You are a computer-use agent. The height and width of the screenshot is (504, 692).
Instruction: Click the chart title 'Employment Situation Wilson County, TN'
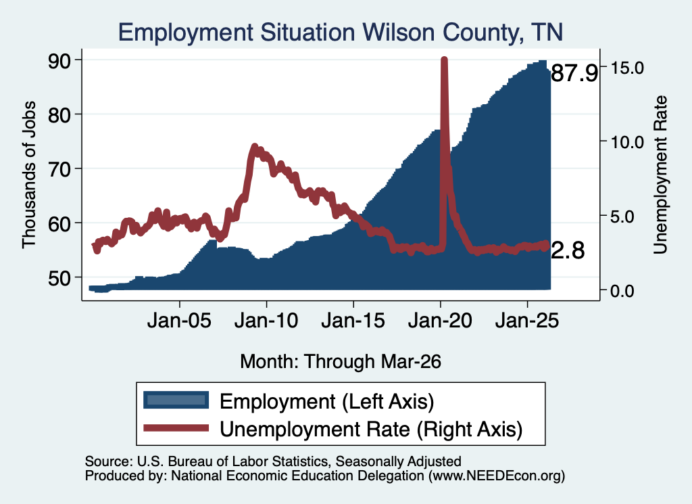[x=341, y=32]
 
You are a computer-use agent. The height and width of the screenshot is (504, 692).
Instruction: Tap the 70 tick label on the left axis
[x=59, y=168]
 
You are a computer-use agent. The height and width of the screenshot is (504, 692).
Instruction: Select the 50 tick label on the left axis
[x=59, y=277]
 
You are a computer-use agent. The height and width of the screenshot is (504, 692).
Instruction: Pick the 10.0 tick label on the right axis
[x=627, y=142]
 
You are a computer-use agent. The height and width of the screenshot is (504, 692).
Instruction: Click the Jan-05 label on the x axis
[x=179, y=320]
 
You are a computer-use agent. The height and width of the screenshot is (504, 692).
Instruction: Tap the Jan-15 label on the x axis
[x=353, y=320]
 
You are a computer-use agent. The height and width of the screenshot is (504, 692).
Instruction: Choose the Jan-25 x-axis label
[x=527, y=320]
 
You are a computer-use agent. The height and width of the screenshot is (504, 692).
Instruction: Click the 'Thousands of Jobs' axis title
[x=28, y=175]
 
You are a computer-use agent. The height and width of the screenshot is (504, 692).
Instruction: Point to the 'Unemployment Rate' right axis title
[x=660, y=175]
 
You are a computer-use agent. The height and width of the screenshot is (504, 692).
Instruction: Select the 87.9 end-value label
[x=574, y=73]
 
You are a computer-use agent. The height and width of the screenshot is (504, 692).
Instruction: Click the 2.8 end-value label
[x=568, y=250]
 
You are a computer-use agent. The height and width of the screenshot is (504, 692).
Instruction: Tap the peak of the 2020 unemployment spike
[x=445, y=60]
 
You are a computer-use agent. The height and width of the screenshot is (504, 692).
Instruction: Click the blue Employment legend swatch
[x=176, y=400]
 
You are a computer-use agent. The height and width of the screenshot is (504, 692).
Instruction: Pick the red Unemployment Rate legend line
[x=176, y=428]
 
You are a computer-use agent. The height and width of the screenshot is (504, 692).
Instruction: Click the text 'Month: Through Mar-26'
[x=341, y=361]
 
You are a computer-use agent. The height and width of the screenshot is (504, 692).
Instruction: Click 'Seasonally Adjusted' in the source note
[x=399, y=461]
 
